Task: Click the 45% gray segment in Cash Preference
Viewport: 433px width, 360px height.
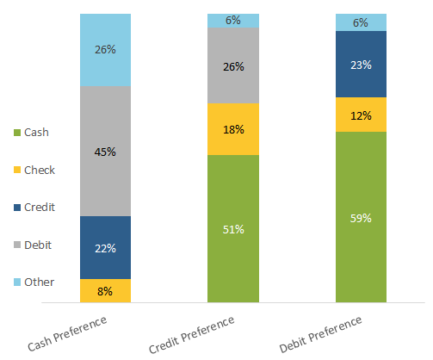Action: pyautogui.click(x=105, y=152)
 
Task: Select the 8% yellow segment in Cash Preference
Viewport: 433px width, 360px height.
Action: pyautogui.click(x=105, y=291)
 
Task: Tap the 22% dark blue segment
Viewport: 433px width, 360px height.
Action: pyautogui.click(x=105, y=247)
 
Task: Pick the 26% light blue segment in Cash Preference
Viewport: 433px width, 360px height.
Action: pyautogui.click(x=105, y=50)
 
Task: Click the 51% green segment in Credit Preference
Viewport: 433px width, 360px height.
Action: pyautogui.click(x=233, y=229)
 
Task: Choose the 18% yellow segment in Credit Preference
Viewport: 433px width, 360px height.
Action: pyautogui.click(x=233, y=129)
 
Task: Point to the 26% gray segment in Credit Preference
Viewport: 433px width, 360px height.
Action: pyautogui.click(x=233, y=66)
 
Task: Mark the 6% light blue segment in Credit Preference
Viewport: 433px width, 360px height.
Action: pyautogui.click(x=233, y=21)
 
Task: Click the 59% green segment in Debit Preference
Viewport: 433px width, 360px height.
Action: pyautogui.click(x=362, y=218)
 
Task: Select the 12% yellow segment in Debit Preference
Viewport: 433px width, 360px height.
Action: pyautogui.click(x=362, y=115)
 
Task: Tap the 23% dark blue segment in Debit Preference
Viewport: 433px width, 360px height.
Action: pyautogui.click(x=362, y=64)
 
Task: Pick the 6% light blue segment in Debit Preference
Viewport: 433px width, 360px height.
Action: pyautogui.click(x=362, y=22)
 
